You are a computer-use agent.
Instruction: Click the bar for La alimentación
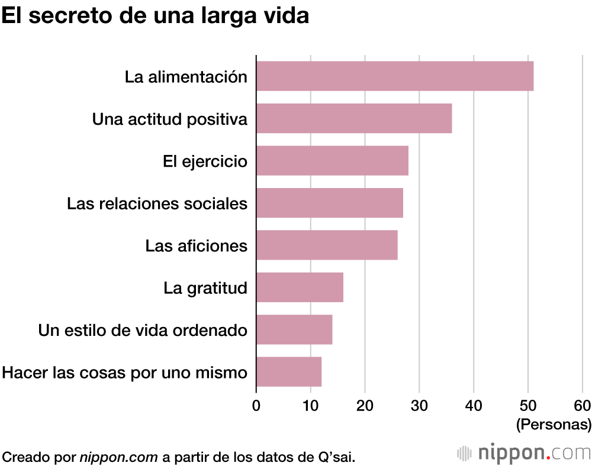pyautogui.click(x=395, y=76)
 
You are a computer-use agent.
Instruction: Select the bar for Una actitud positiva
pyautogui.click(x=354, y=118)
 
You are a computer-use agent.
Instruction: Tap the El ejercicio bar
pyautogui.click(x=332, y=161)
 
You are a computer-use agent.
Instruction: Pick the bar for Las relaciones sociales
pyautogui.click(x=330, y=203)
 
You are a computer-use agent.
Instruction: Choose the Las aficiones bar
pyautogui.click(x=327, y=245)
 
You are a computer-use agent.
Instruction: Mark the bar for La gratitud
pyautogui.click(x=300, y=287)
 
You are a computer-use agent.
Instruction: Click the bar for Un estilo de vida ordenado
pyautogui.click(x=294, y=329)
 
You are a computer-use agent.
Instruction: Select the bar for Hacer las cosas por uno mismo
pyautogui.click(x=289, y=372)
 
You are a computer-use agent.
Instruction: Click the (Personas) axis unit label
pyautogui.click(x=554, y=424)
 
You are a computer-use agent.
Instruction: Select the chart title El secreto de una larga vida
pyautogui.click(x=155, y=16)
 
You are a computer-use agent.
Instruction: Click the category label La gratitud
pyautogui.click(x=205, y=288)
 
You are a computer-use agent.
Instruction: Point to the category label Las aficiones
pyautogui.click(x=197, y=245)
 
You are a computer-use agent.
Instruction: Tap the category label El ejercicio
pyautogui.click(x=205, y=161)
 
